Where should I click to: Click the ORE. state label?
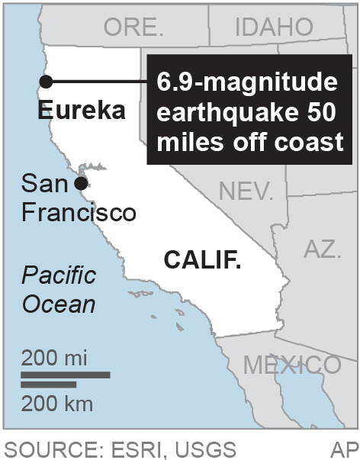pos(133,28)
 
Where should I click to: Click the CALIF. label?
pos(203,262)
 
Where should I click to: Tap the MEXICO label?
pos(292,365)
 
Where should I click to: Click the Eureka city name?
pos(82,111)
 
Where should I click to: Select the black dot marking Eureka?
pos(45,82)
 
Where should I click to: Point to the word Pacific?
pos(59,275)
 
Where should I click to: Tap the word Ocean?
pos(58,304)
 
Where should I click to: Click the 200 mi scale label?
pos(54,356)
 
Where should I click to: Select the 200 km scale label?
pos(56,401)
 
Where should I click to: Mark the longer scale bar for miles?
pos(66,375)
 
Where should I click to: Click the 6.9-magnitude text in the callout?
pos(252,82)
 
